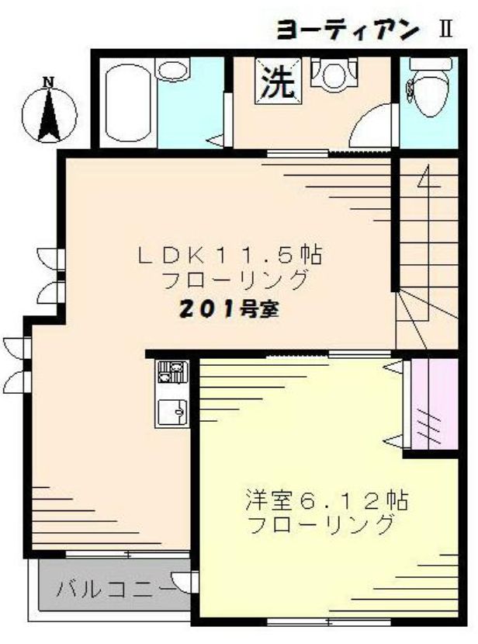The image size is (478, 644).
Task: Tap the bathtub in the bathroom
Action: click(x=125, y=106)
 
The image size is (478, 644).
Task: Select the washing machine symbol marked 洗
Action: click(x=277, y=82)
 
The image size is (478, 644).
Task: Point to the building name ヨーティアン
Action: click(x=348, y=30)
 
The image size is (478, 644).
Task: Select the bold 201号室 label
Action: click(x=230, y=309)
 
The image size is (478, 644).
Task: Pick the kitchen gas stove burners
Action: click(x=172, y=372)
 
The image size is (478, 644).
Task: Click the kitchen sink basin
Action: click(x=171, y=410)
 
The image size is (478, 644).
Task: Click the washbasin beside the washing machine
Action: click(x=334, y=74)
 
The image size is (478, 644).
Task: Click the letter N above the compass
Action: click(x=48, y=82)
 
